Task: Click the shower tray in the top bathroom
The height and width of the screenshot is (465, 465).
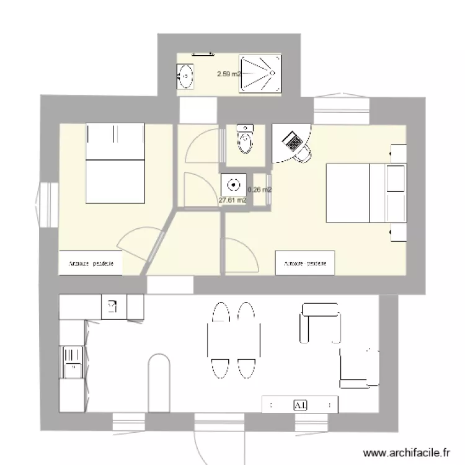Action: coord(260,73)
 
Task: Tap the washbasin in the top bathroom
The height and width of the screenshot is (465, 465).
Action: coord(185,77)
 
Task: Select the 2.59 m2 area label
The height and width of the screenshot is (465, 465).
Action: coord(229,74)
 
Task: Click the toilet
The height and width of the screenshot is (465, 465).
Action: coord(245,139)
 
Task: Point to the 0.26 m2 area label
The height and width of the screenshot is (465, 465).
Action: coord(260,190)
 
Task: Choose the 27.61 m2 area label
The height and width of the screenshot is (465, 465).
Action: coord(232,200)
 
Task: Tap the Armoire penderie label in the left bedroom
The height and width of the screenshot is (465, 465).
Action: coord(91,263)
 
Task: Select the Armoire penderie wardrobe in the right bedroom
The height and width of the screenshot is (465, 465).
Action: coord(305,263)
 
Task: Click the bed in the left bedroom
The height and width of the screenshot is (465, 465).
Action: coord(115,162)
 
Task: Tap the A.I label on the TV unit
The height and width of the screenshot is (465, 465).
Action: coord(301,405)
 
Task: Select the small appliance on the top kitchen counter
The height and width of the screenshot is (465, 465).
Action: coord(112,306)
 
